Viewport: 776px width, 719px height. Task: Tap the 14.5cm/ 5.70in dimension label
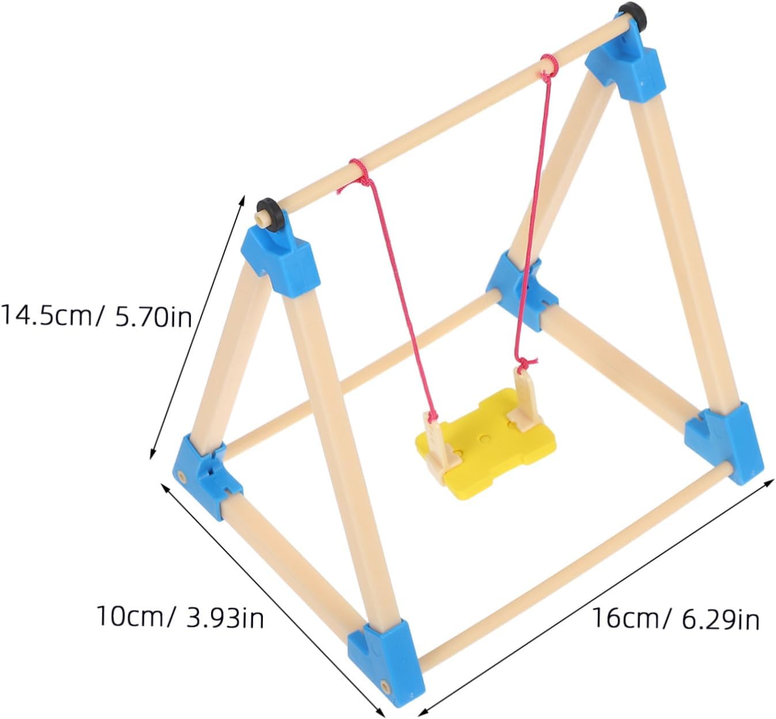tap(96, 316)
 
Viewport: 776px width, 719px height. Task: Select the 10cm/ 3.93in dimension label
tap(180, 617)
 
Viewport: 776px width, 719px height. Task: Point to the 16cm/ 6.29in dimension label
tap(675, 619)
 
